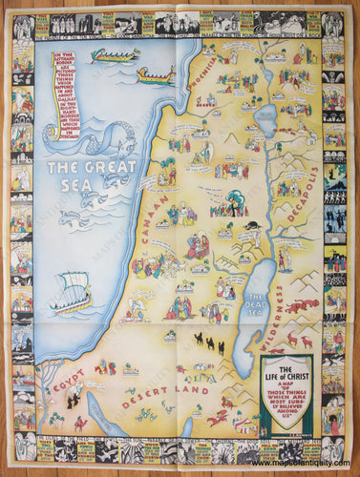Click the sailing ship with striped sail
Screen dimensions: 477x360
74,290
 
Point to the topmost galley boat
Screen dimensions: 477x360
115,55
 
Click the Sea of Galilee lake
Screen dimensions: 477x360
265,117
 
